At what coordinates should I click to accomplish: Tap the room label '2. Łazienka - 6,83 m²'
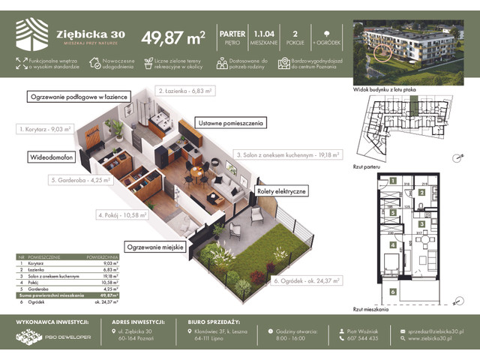tap(185, 90)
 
